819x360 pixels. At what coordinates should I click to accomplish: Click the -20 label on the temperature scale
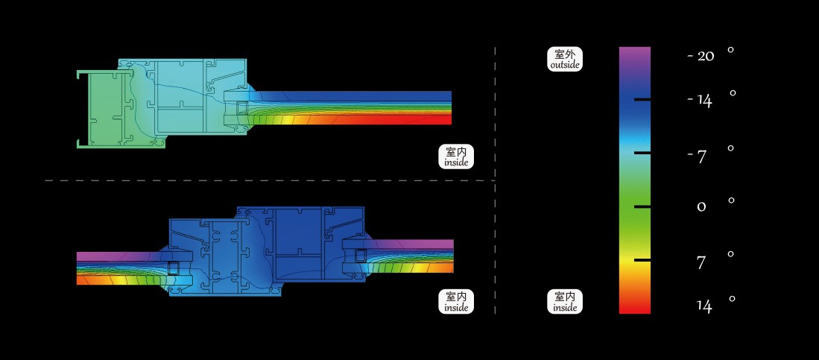[x=701, y=55]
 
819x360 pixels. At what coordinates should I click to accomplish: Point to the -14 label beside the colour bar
[x=699, y=101]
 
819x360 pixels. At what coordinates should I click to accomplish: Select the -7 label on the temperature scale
[x=697, y=156]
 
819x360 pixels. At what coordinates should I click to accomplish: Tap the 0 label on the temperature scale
[x=701, y=207]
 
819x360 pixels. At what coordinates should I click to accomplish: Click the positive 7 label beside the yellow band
[x=701, y=262]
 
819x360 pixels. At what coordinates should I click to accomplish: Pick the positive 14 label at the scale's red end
[x=704, y=306]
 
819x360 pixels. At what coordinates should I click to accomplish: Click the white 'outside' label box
[x=565, y=59]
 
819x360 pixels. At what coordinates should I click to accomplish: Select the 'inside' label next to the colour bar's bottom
[x=565, y=302]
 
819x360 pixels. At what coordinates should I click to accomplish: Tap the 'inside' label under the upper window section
[x=456, y=157]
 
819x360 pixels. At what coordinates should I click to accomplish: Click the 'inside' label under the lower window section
[x=456, y=302]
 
